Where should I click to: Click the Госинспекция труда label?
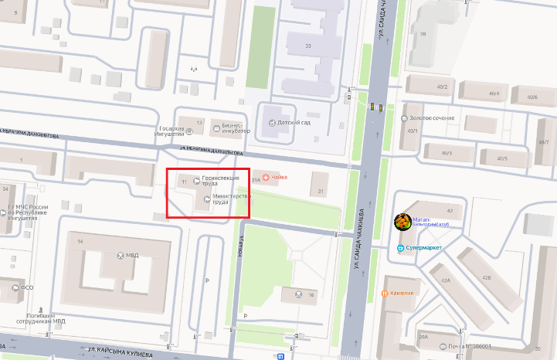tap(220, 181)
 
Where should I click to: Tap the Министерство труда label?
tap(230, 199)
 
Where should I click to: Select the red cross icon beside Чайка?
tap(267, 178)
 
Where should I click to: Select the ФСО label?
tap(26, 288)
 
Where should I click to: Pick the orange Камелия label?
tap(402, 294)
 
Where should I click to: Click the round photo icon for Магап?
tap(402, 222)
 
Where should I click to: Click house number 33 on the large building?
tap(308, 46)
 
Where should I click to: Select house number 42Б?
tap(486, 277)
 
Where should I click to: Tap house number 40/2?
tap(442, 87)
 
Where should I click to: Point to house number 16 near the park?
tap(311, 294)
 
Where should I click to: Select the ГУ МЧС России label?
tap(28, 212)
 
